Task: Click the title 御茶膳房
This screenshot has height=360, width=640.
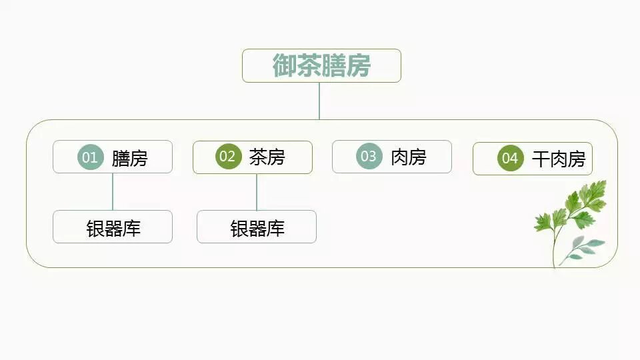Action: [321, 66]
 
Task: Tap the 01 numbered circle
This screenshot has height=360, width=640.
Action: [90, 157]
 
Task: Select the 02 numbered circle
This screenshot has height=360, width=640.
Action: [228, 157]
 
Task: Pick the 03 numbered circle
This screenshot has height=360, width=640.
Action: [369, 157]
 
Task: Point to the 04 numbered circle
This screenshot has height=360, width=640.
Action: [510, 159]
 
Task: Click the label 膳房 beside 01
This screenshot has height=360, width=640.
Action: [129, 158]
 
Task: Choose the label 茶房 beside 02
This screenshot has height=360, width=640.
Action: [267, 157]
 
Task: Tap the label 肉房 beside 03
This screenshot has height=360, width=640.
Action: [408, 157]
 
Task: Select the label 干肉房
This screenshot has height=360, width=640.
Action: [558, 159]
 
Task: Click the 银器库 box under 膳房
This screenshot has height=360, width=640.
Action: [113, 227]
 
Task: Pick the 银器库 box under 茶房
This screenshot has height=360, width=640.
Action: [257, 227]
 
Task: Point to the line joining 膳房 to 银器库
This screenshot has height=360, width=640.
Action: [113, 192]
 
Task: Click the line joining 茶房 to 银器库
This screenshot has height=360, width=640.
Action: [257, 193]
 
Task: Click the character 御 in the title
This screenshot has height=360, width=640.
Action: [284, 66]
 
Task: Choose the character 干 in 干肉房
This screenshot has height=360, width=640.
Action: [540, 159]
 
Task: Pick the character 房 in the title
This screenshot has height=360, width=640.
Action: [359, 66]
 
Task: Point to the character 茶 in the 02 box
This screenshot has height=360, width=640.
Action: [258, 157]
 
